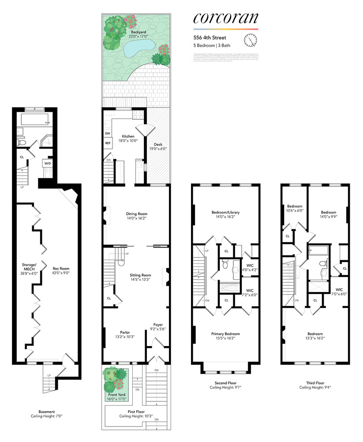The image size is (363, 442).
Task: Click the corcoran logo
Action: [x=225, y=19]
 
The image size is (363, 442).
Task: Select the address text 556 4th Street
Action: [x=210, y=38]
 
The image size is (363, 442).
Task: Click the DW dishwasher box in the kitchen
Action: [x=107, y=133]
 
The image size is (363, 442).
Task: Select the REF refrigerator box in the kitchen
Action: [x=108, y=143]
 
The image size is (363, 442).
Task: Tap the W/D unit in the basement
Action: [x=47, y=164]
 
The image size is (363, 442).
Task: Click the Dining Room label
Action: [x=136, y=214]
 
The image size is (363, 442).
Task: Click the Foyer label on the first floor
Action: [x=158, y=325]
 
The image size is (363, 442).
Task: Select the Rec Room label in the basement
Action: [x=61, y=268]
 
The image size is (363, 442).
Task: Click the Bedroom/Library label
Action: [x=225, y=213]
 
